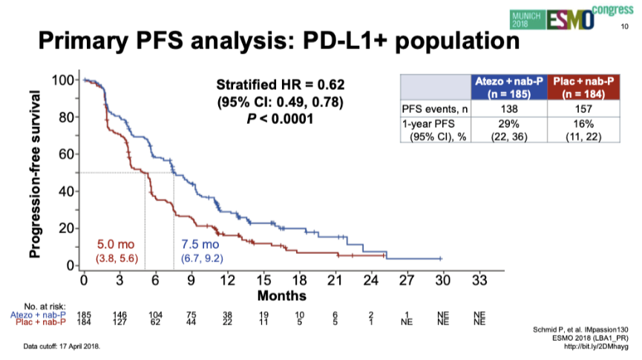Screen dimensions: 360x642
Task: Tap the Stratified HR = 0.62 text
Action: point(281,85)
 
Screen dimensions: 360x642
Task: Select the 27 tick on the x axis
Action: point(407,281)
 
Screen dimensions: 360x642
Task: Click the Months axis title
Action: point(281,295)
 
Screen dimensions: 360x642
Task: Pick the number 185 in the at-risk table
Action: point(83,315)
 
